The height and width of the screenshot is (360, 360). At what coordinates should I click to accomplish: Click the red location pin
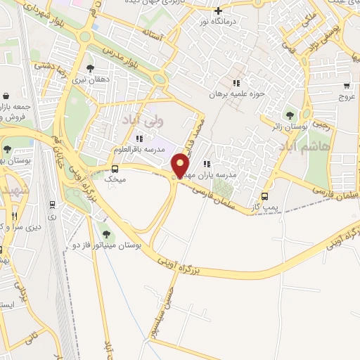181,165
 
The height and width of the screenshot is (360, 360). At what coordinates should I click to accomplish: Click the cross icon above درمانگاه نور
219,11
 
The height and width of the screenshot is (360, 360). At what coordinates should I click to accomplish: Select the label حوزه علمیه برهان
236,94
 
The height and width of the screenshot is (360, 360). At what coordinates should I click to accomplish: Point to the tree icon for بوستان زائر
289,115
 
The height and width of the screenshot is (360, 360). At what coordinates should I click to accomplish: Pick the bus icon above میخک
115,168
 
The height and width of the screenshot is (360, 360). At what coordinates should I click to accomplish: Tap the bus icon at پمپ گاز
264,196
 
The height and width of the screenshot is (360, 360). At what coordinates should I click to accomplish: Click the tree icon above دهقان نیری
89,68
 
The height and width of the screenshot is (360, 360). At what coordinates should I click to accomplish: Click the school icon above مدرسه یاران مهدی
207,164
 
